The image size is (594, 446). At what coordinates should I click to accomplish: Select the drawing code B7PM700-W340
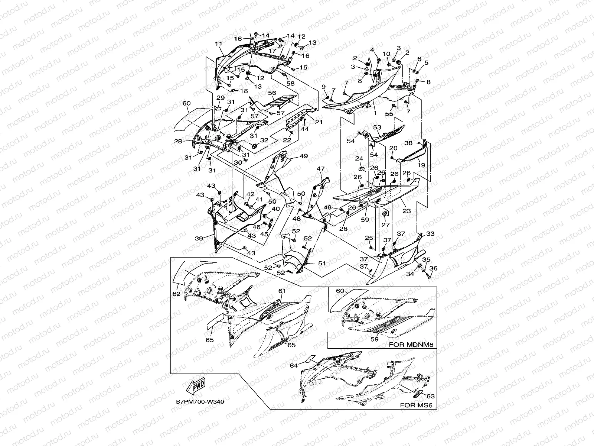[200, 401]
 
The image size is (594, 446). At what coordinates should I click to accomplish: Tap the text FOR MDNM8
[411, 345]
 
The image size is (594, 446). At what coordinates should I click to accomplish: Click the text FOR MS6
[417, 405]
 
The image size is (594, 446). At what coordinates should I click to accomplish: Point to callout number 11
[218, 43]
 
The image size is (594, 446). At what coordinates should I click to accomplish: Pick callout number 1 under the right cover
[375, 113]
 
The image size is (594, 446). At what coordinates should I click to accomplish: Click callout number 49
[304, 156]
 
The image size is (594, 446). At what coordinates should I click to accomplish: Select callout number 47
[320, 169]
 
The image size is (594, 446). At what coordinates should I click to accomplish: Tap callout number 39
[199, 239]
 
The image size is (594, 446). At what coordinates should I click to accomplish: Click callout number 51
[322, 263]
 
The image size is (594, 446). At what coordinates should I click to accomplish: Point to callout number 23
[407, 211]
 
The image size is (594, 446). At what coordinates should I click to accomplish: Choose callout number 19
[421, 165]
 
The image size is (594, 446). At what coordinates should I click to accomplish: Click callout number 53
[377, 127]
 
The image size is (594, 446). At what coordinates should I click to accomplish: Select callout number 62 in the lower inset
[176, 294]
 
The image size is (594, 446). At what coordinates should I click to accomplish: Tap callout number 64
[294, 366]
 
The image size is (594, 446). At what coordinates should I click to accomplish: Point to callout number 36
[433, 268]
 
